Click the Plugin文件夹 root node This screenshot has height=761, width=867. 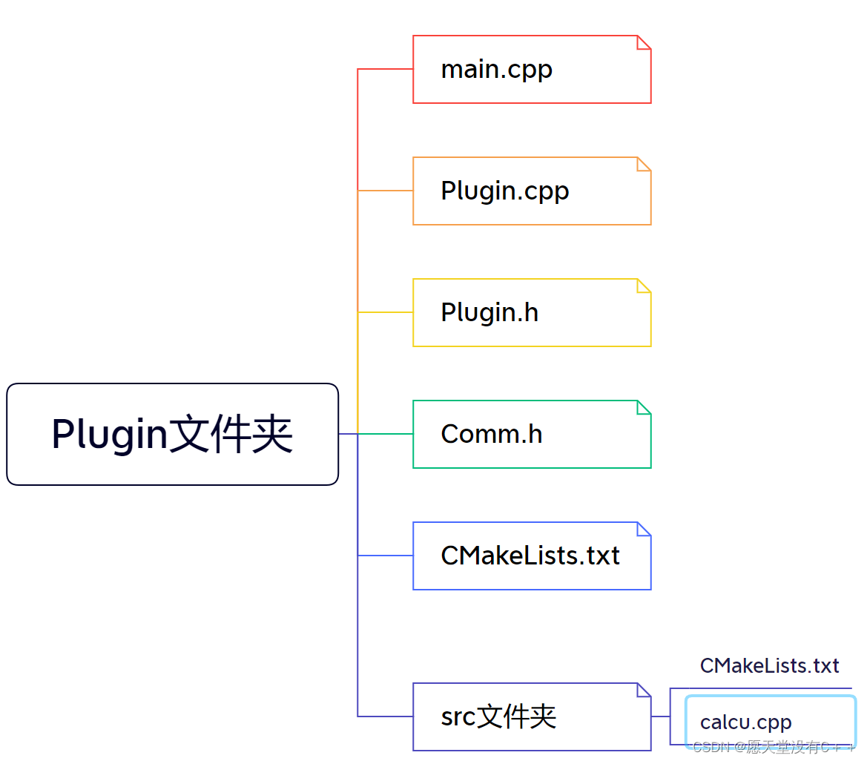[x=172, y=434]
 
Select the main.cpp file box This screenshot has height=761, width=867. [x=531, y=70]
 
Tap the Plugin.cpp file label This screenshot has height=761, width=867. [x=504, y=191]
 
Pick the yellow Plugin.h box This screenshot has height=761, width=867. [x=531, y=312]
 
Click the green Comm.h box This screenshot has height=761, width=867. [x=531, y=434]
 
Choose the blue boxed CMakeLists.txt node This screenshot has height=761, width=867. [x=531, y=556]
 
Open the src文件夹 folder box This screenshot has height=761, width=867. [x=531, y=716]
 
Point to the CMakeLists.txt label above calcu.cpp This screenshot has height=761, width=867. [x=769, y=665]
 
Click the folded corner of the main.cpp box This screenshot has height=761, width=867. [x=643, y=43]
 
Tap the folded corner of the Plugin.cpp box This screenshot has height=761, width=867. [x=643, y=165]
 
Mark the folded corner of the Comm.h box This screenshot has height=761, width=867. [x=643, y=408]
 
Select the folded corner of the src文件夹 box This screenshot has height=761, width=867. [x=643, y=691]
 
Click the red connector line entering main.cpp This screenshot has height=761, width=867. [x=386, y=69]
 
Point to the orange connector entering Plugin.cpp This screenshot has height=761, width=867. [x=386, y=191]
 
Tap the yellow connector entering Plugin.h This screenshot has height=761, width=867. [x=386, y=312]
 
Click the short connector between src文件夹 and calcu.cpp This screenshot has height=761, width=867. [x=660, y=716]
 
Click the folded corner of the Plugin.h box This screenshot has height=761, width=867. [x=643, y=286]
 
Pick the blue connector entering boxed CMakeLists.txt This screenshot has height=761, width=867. [x=386, y=556]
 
